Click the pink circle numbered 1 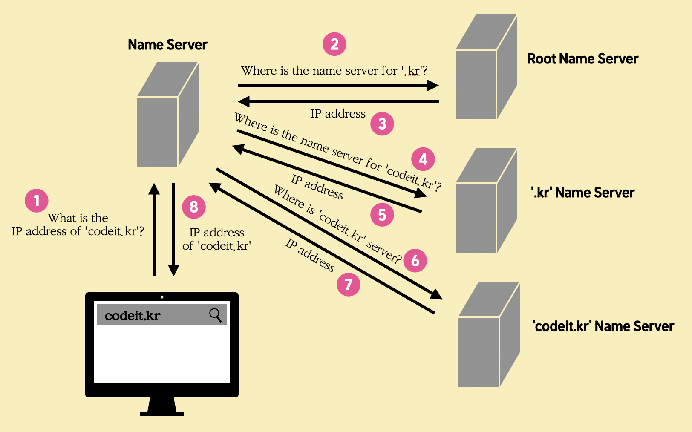point(37,201)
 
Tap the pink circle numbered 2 point(334,44)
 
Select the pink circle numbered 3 point(382,124)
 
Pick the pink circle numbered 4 point(423,159)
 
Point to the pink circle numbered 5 point(382,215)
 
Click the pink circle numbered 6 point(415,260)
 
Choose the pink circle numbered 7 point(349,284)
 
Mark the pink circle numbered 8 point(194,207)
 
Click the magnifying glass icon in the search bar point(215,315)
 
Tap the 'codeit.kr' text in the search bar point(133,316)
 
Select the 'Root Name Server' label point(582,59)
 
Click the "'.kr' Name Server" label point(583,193)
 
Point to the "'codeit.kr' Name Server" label point(603,326)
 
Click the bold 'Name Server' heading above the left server point(167,45)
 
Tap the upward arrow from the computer point(154,230)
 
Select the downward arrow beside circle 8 point(173,230)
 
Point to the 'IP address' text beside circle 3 point(338,114)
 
